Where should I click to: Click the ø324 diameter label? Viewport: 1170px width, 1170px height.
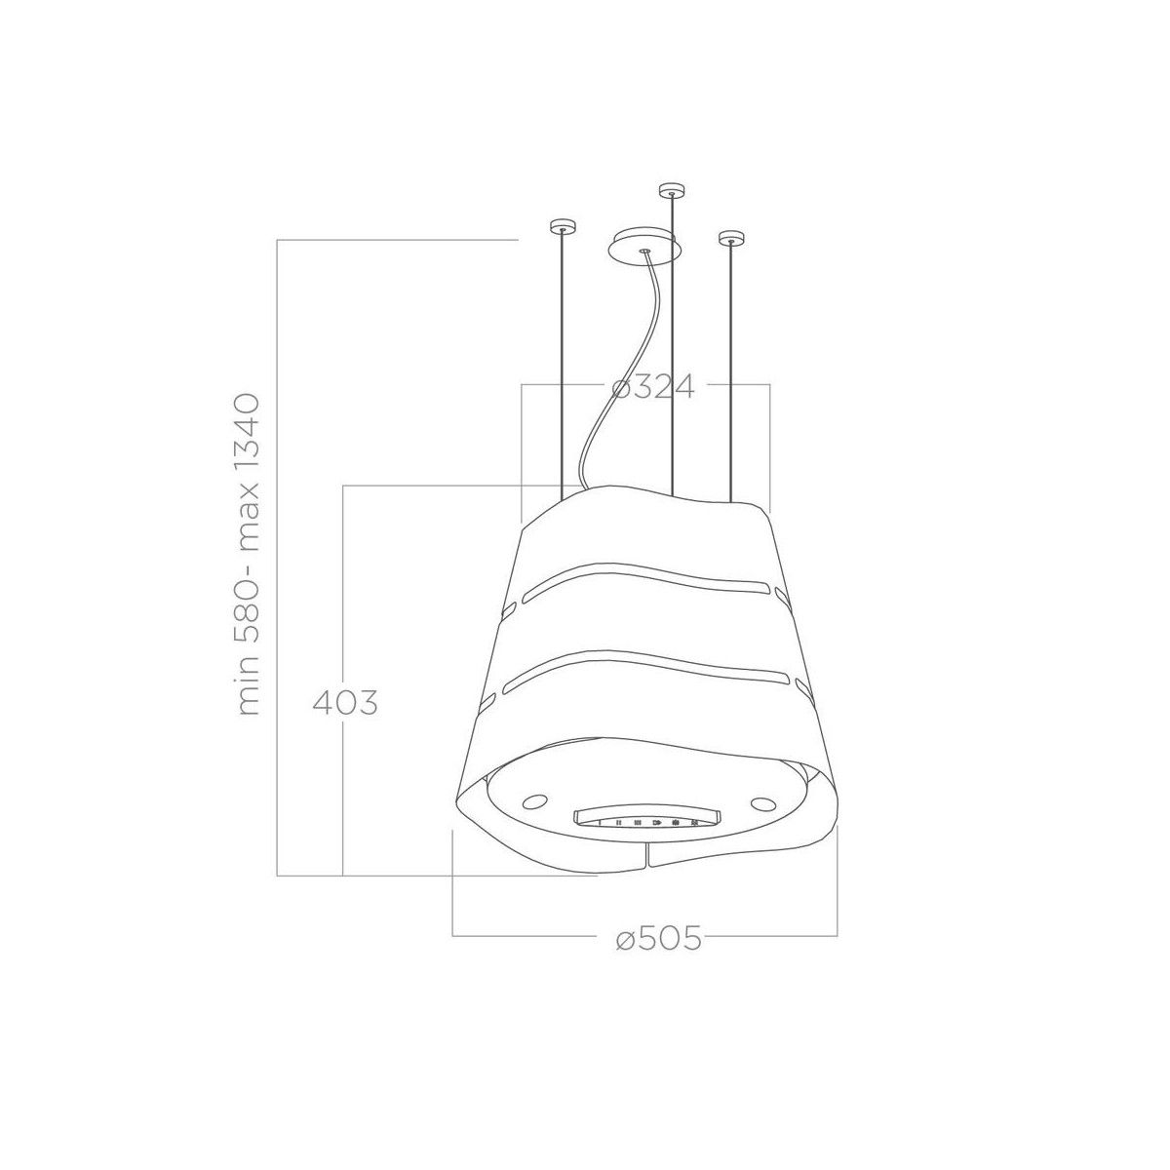tap(652, 386)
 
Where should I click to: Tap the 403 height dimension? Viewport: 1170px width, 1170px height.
tap(345, 702)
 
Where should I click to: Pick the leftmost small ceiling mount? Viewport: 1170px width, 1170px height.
tap(562, 226)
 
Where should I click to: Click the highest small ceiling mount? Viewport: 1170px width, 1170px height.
tap(671, 190)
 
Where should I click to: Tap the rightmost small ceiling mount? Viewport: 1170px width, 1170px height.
tap(730, 238)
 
